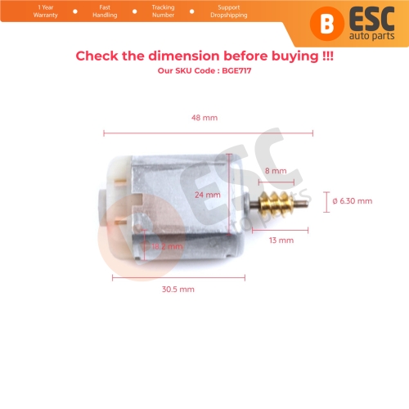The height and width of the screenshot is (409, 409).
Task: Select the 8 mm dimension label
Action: [276, 171]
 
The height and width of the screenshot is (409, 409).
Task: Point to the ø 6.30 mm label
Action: [353, 200]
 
